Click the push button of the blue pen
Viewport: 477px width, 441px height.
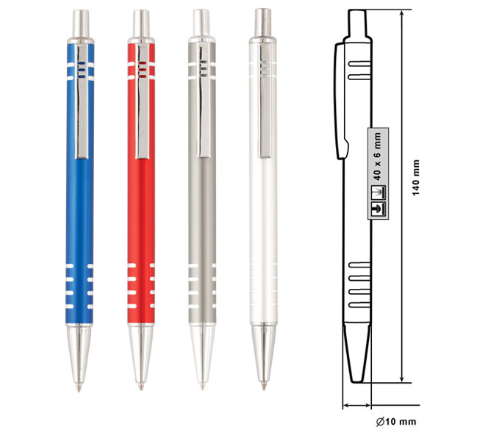pyautogui.click(x=81, y=24)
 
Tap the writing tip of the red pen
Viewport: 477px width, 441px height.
pyautogui.click(x=140, y=387)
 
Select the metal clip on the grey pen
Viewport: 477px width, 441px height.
pyautogui.click(x=205, y=101)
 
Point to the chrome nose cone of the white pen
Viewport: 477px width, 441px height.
pyautogui.click(x=264, y=353)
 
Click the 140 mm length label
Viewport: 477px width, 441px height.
pyautogui.click(x=416, y=178)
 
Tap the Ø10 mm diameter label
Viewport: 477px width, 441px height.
pyautogui.click(x=395, y=422)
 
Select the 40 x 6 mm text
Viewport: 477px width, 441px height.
pyautogui.click(x=378, y=157)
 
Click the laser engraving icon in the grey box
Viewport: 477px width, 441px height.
pyautogui.click(x=378, y=193)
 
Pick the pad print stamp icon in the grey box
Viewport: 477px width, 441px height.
pyautogui.click(x=378, y=209)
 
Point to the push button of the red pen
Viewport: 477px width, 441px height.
pyautogui.click(x=141, y=24)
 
